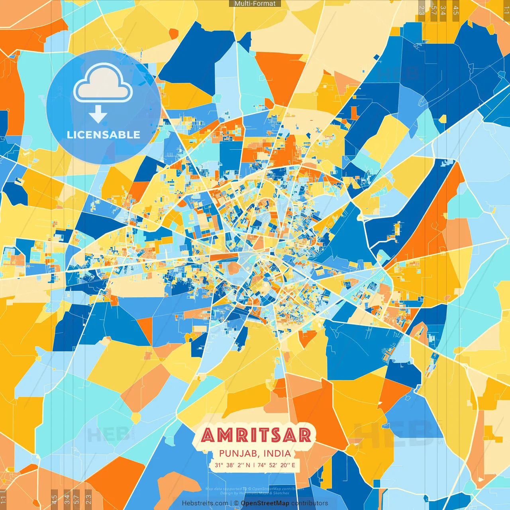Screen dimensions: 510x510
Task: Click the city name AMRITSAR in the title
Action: point(255,435)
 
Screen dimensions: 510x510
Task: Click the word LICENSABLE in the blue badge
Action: point(104,135)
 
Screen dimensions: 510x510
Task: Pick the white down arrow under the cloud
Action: point(98,114)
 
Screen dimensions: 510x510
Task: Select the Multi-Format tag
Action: point(255,4)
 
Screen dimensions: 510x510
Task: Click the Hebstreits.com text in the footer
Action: point(205,503)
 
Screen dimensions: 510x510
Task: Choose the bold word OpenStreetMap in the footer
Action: point(265,503)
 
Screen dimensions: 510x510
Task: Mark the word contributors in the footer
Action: point(310,503)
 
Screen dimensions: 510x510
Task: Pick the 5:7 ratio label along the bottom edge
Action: point(76,499)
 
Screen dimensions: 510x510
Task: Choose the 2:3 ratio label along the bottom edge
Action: point(88,499)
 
